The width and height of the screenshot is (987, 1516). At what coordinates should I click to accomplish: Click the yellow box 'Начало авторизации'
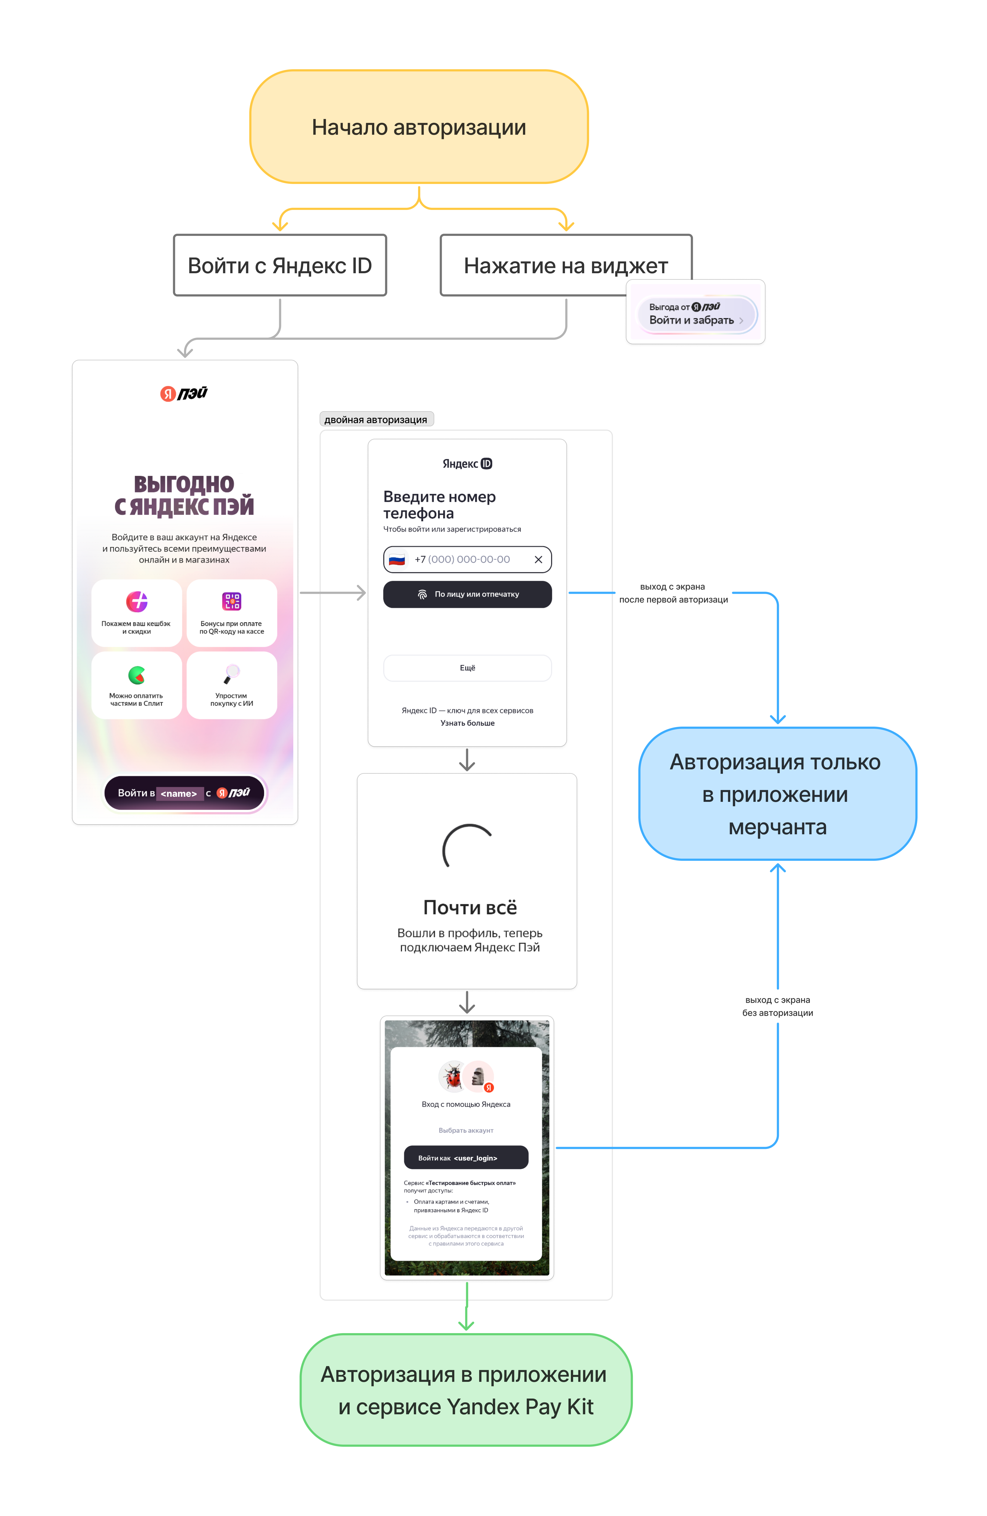point(419,127)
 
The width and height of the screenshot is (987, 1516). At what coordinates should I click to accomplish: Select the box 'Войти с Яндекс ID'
point(280,265)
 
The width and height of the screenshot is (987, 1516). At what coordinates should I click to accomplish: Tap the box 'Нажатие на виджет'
point(566,265)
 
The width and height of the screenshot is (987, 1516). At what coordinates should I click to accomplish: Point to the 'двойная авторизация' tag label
point(376,419)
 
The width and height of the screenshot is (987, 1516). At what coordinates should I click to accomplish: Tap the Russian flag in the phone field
point(397,559)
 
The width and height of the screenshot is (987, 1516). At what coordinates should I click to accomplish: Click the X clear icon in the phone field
point(538,559)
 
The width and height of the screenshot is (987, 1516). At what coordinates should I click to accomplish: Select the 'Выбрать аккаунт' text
point(466,1130)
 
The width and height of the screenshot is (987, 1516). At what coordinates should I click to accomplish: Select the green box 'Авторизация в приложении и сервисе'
point(466,1389)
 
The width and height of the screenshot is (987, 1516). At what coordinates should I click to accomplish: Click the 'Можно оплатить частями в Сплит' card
point(136,685)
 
